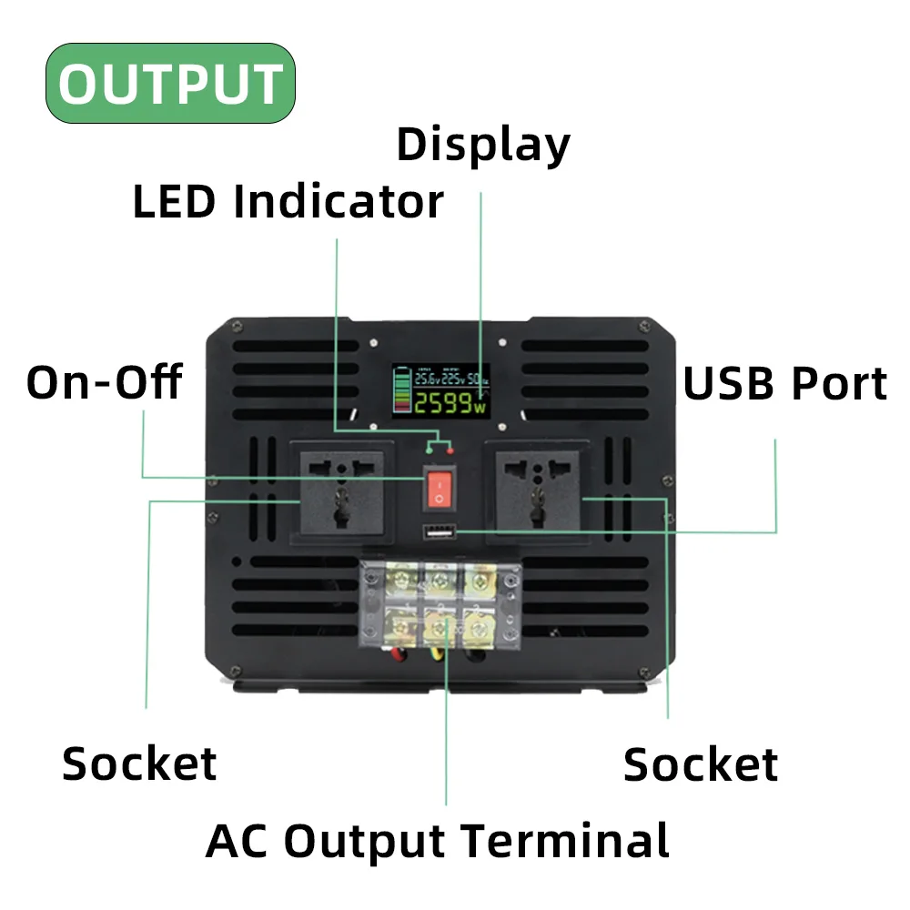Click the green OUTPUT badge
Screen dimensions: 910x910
(x=170, y=84)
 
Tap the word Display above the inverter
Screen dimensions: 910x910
(x=483, y=146)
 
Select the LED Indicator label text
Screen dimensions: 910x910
(x=288, y=202)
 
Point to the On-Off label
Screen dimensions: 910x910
(x=104, y=382)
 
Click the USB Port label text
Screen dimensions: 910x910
(x=784, y=384)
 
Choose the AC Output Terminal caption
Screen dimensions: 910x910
(x=437, y=841)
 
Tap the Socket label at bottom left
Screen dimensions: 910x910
(x=139, y=764)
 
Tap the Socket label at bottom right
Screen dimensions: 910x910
(x=701, y=765)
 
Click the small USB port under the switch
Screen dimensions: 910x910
(x=439, y=533)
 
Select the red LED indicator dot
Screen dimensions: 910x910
(x=450, y=449)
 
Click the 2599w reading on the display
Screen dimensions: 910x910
(x=450, y=403)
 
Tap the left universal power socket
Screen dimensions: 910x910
(x=341, y=491)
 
